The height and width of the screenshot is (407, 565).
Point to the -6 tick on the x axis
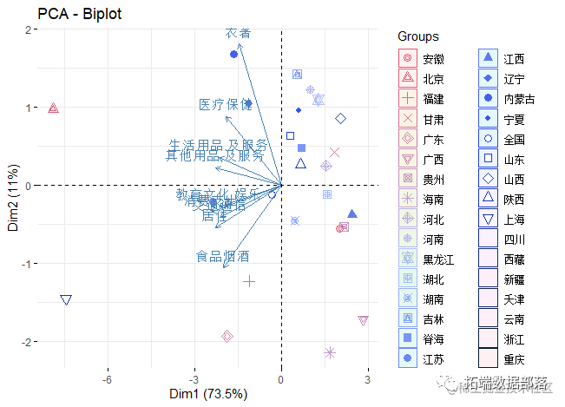(x=108, y=380)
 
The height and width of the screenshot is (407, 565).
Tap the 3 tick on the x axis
(x=367, y=380)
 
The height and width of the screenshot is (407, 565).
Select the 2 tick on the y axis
(x=29, y=30)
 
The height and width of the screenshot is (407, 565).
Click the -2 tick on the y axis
(x=27, y=342)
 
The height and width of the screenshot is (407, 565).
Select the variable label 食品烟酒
(x=222, y=257)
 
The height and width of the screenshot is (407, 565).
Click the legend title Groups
(x=417, y=36)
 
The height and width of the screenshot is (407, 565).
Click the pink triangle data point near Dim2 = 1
(x=53, y=108)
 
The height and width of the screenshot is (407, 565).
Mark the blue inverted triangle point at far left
(x=66, y=300)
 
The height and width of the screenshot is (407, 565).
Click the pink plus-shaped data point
(x=249, y=280)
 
